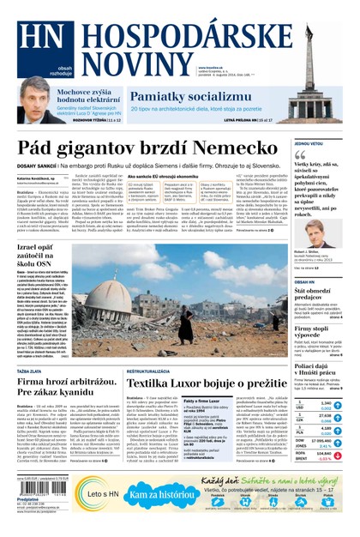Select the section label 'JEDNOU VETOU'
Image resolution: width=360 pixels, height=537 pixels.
click(x=309, y=142)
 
